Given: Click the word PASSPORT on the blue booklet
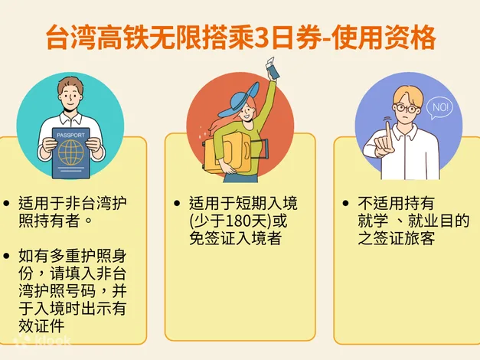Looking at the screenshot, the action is [70, 135].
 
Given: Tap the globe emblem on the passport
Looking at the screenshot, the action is [71, 152].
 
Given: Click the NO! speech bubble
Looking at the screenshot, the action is [440, 108].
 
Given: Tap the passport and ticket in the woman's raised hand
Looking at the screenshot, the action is [272, 68].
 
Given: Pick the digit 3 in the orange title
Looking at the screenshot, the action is [262, 38].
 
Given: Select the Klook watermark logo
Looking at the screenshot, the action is [42, 341].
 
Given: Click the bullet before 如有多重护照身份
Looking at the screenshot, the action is [6, 256].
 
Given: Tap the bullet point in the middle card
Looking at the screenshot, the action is [177, 203].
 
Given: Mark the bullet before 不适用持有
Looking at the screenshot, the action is [345, 203].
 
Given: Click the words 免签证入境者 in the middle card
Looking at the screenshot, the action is [236, 238].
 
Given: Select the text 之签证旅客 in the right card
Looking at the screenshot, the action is [397, 238].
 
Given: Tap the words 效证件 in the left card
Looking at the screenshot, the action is [41, 326].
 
